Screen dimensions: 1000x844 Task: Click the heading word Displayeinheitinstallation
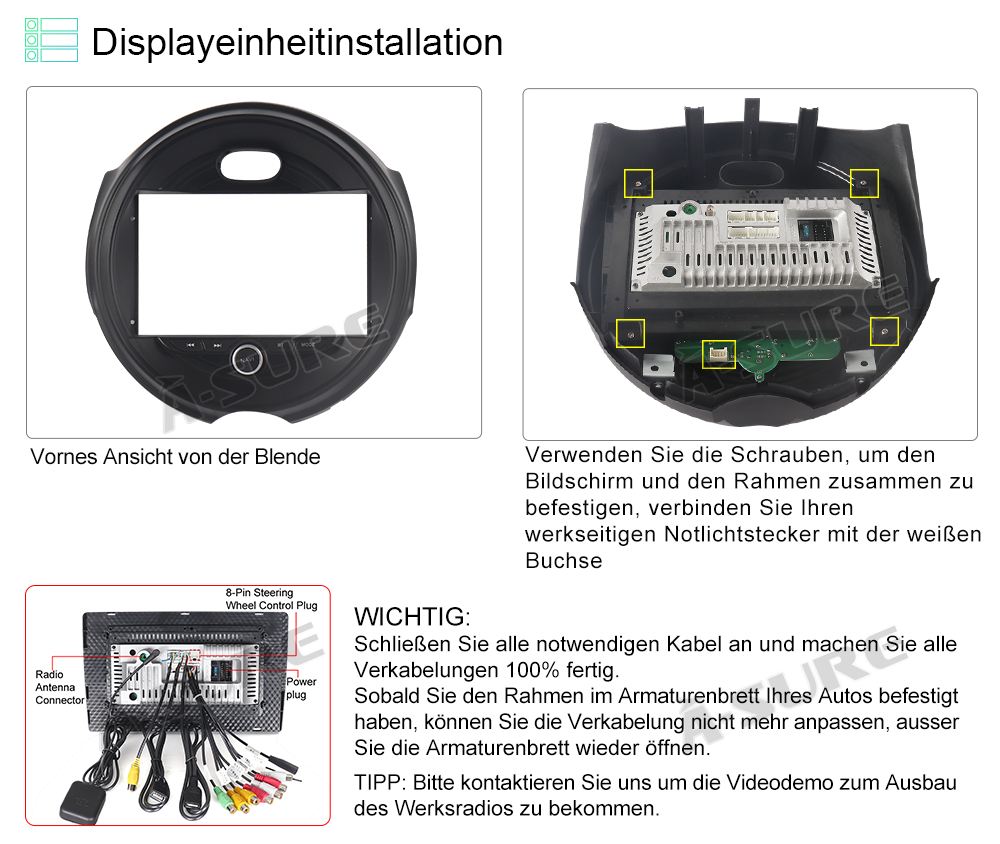[297, 43]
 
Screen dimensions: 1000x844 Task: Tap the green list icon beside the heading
[52, 40]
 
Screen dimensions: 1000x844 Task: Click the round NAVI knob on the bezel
[247, 359]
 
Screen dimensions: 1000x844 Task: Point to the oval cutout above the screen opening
[251, 165]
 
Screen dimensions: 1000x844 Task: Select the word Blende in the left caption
[287, 457]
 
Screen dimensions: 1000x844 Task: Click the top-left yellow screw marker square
[638, 183]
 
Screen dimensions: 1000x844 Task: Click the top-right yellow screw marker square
[864, 183]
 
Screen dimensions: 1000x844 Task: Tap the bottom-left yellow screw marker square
[630, 333]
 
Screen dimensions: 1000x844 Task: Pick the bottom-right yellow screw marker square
[885, 332]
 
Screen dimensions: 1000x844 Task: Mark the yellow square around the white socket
[719, 354]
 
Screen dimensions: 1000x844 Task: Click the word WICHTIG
[412, 617]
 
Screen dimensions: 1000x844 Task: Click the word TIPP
[379, 783]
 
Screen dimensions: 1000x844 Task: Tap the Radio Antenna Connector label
[59, 687]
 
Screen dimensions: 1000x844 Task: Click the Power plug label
[301, 688]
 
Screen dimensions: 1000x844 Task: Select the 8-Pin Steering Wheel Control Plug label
[271, 599]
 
